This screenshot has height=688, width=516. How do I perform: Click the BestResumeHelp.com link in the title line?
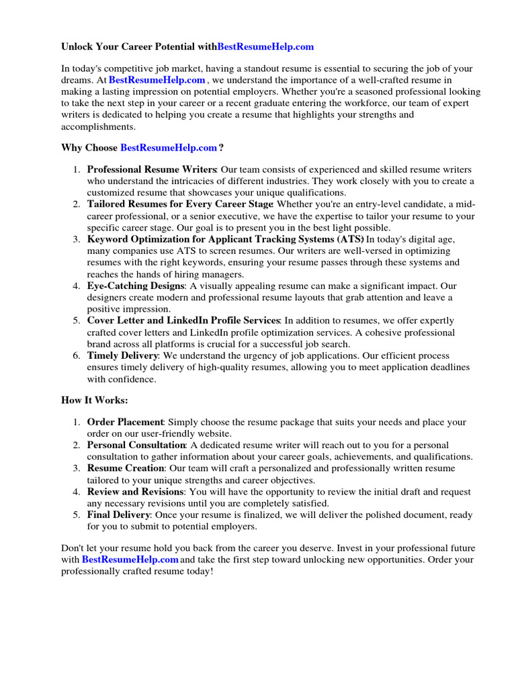[x=265, y=47]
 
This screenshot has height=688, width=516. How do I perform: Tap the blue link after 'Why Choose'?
[x=169, y=148]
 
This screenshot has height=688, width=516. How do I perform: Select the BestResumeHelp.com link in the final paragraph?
[x=130, y=559]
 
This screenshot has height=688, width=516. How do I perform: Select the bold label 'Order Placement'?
[x=125, y=422]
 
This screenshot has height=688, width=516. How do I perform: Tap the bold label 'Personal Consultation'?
[x=136, y=445]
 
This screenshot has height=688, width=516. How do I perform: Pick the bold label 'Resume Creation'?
[x=126, y=468]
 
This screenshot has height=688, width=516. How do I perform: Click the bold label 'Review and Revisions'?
[x=135, y=492]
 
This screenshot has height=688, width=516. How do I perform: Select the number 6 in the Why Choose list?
[x=77, y=355]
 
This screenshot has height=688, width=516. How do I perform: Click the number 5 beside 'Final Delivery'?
[x=77, y=515]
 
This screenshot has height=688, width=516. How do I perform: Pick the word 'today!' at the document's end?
[x=198, y=571]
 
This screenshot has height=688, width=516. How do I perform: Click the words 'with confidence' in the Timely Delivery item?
[x=121, y=379]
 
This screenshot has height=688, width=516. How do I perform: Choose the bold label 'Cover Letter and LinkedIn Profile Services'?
[x=183, y=320]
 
